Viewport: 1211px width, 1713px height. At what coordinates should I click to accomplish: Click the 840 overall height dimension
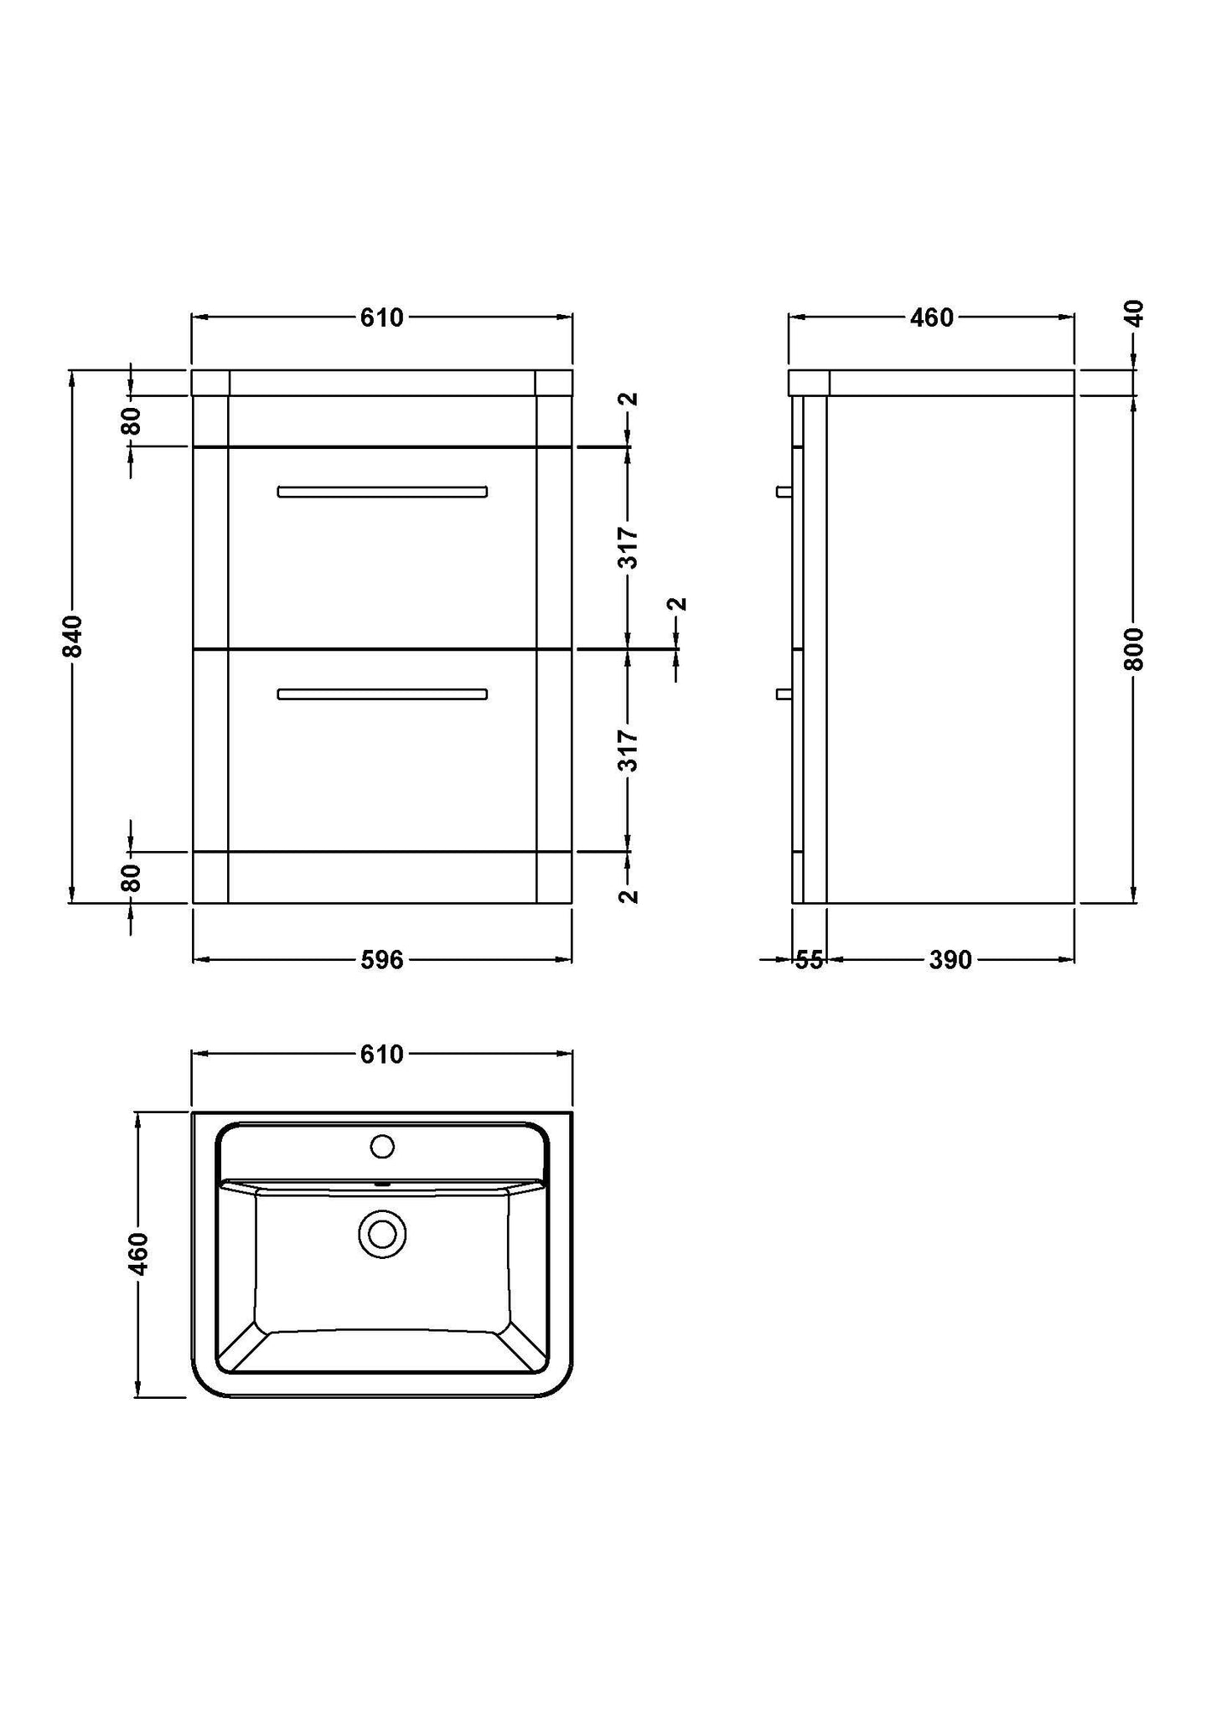coord(74,636)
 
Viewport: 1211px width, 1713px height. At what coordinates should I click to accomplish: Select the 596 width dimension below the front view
coord(382,960)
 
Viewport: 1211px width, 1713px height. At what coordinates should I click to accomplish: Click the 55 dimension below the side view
coord(809,960)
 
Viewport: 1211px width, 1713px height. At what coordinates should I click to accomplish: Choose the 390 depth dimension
coord(950,960)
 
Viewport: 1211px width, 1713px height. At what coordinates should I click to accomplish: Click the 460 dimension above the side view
coord(932,318)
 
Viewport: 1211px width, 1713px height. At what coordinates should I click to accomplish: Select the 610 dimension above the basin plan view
coord(382,1055)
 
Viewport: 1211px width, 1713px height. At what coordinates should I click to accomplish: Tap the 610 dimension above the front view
coord(382,318)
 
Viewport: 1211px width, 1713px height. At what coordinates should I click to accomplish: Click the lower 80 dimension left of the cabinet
coord(132,878)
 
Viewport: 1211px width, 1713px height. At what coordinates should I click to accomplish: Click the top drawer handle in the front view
coord(382,492)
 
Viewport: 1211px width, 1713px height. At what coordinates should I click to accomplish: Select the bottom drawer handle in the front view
coord(382,694)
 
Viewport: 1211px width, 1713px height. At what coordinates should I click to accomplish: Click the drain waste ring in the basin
coord(382,1236)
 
